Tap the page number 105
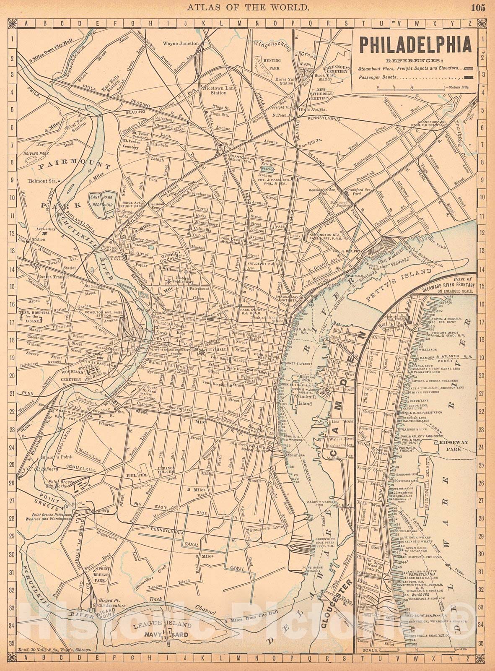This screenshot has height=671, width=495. tap(477, 7)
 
